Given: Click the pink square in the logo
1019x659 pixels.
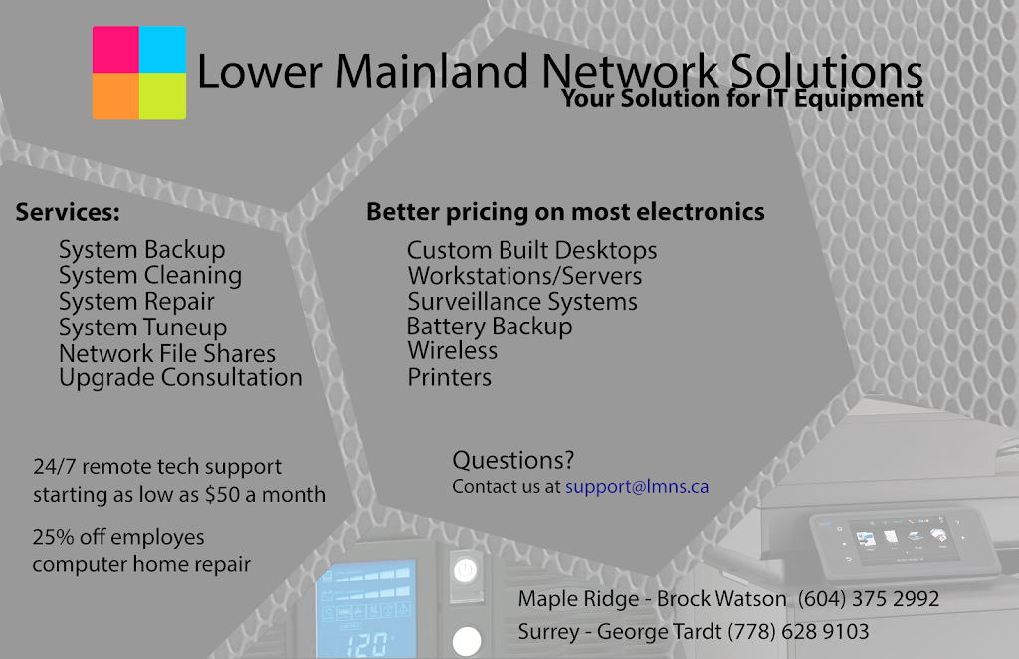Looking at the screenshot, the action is (115, 50).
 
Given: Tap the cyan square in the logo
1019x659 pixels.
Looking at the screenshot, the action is (162, 50).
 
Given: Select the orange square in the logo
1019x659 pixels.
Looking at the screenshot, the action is (115, 97).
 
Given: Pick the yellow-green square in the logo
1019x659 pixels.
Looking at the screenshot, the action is (162, 97).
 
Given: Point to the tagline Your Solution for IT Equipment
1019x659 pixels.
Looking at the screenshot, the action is (742, 99).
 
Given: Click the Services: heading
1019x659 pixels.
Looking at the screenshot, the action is (68, 212).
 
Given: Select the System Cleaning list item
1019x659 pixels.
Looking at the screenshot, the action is (150, 276).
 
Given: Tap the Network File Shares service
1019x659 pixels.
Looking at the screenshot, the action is (167, 353).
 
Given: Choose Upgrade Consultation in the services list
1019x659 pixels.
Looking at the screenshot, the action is (180, 378).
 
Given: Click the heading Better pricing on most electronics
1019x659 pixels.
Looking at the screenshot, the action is (565, 212).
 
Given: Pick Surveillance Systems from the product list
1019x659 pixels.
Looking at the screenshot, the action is (522, 302).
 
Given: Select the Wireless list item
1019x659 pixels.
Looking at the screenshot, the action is (453, 351).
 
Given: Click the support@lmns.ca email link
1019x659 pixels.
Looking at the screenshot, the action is (637, 487).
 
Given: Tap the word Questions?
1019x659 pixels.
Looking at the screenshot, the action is (513, 460).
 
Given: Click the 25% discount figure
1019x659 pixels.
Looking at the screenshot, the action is (54, 537).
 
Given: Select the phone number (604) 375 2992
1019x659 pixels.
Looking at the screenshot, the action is (869, 599).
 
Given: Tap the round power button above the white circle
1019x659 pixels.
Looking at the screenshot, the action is (466, 571).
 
